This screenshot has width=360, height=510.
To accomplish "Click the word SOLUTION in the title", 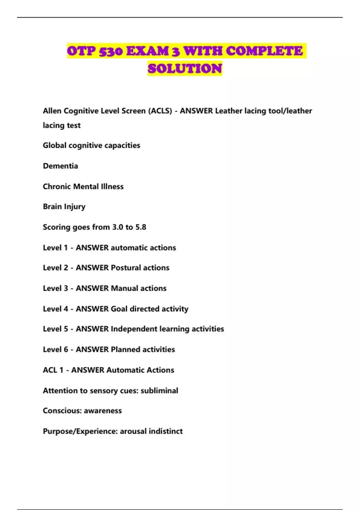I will click(x=185, y=69).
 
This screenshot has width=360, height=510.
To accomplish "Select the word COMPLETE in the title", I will click(x=264, y=51).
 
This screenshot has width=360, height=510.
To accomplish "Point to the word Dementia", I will click(x=60, y=166).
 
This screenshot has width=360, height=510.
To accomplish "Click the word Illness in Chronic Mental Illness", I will click(x=112, y=187).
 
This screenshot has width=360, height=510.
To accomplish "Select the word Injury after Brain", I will click(x=75, y=207).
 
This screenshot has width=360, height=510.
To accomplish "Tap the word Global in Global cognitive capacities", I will click(x=55, y=145).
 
